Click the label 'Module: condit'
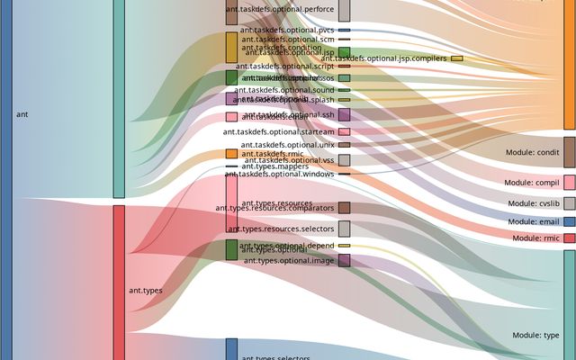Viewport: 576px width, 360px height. tap(535, 152)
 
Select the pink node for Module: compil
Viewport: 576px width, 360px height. tap(569, 182)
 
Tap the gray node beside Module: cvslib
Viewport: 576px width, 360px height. tap(569, 203)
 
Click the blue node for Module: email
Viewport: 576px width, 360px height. tap(569, 221)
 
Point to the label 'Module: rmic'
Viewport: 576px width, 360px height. tap(537, 238)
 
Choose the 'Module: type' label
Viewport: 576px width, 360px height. tap(536, 335)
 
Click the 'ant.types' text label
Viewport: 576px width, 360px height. tap(146, 291)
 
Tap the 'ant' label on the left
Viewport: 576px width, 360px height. tap(22, 114)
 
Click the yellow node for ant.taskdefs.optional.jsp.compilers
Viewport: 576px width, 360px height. tap(457, 58)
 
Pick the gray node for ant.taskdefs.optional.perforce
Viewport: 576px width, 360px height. tap(344, 10)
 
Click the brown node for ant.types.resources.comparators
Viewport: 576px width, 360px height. tap(344, 208)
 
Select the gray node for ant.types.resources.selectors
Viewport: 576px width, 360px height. tap(344, 229)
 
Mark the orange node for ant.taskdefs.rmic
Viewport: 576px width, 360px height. tap(231, 154)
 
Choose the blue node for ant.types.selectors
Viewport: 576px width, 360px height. tap(231, 349)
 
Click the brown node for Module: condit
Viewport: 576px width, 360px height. tap(569, 152)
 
